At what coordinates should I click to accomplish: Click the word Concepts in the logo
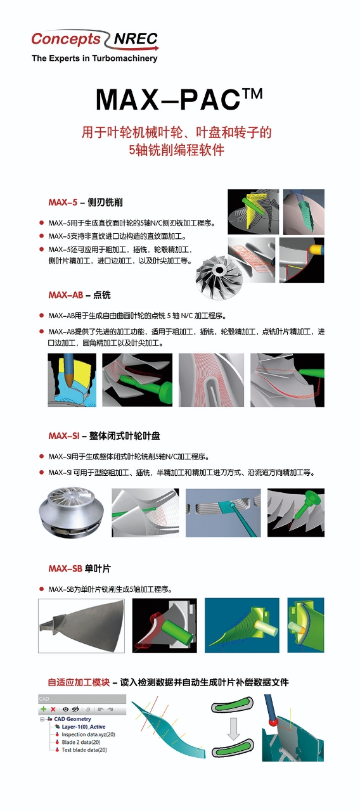pyautogui.click(x=65, y=39)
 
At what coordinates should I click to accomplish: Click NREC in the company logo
pyautogui.click(x=136, y=39)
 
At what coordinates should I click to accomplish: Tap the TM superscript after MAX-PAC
pyautogui.click(x=252, y=94)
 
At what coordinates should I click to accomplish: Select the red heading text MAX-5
pyautogui.click(x=63, y=202)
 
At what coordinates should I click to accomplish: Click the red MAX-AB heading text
pyautogui.click(x=65, y=295)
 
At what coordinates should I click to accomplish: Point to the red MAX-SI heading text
pyautogui.click(x=64, y=435)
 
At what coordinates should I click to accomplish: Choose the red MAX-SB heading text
pyautogui.click(x=65, y=568)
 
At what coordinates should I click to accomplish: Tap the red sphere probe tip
pyautogui.click(x=273, y=721)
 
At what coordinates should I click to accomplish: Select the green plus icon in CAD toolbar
pyautogui.click(x=44, y=709)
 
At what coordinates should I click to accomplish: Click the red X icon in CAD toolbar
pyautogui.click(x=53, y=709)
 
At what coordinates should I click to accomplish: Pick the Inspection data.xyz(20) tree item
pyautogui.click(x=85, y=734)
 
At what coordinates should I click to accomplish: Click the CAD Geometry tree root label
pyautogui.click(x=72, y=719)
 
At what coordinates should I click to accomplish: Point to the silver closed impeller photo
pyautogui.click(x=72, y=513)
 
